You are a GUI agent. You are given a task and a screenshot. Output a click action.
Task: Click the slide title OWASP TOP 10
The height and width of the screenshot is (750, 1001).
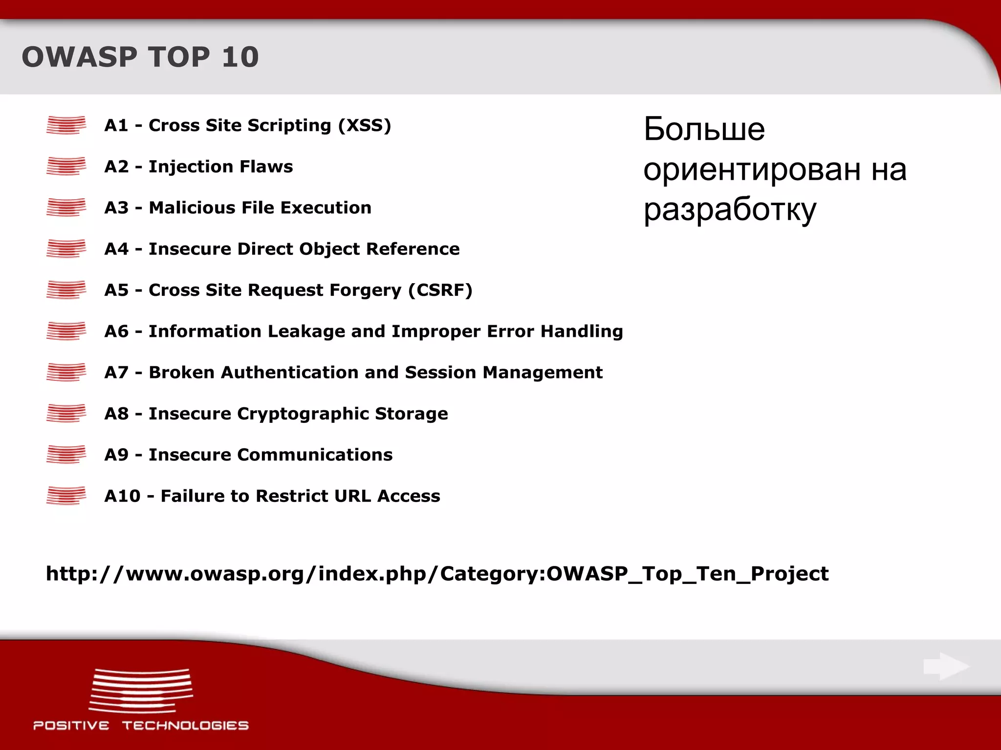[140, 57]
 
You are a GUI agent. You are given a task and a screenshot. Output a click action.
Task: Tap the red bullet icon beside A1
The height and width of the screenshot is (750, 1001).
[66, 125]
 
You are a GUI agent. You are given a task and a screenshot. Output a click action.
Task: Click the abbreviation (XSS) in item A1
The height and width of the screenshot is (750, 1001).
[365, 125]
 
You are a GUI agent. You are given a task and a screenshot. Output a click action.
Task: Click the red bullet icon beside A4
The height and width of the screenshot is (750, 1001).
[66, 249]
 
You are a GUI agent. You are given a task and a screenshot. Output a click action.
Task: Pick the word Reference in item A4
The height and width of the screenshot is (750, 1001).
[413, 249]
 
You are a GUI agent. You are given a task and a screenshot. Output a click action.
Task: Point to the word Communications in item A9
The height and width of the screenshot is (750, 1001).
[315, 455]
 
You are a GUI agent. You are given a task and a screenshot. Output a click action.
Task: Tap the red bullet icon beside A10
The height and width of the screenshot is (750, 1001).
[66, 496]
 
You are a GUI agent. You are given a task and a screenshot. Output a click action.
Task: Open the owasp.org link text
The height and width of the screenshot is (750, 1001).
[437, 574]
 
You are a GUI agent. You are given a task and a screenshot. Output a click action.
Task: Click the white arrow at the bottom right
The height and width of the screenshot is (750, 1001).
[946, 667]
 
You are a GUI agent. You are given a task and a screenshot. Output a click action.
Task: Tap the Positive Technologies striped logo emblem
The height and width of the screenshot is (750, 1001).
[141, 690]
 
